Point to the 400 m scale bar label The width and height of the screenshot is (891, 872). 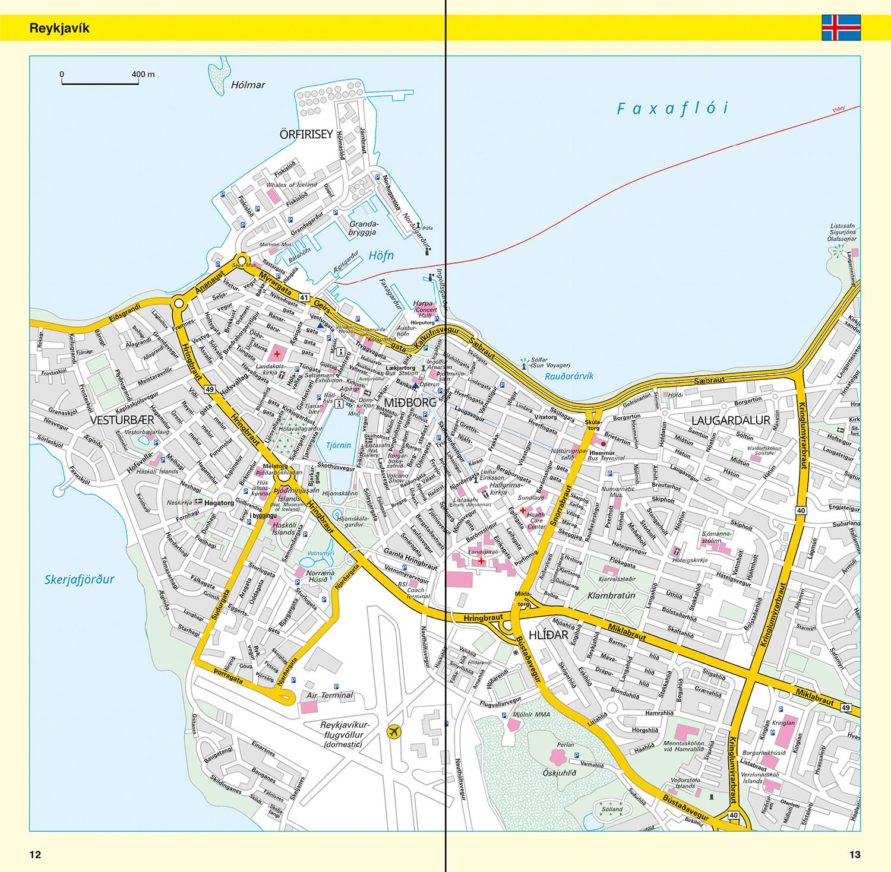143,74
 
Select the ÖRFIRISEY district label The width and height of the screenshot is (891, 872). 306,135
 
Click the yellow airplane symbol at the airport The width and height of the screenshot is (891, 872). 393,732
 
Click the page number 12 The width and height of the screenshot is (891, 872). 35,855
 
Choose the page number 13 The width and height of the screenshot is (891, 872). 854,855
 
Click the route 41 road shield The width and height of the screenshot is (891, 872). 305,297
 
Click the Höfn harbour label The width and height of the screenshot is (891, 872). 381,256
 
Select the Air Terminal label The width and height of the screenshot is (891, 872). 330,695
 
